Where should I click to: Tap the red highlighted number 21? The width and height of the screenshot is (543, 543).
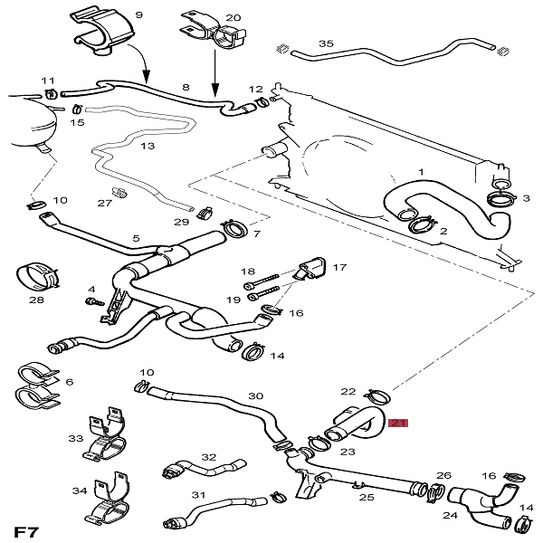399,422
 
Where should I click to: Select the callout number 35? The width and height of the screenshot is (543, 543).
327,43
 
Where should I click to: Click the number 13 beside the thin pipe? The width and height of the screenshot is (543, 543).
147,146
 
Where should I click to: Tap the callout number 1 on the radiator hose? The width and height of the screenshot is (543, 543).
420,171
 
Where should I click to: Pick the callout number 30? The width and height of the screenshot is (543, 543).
255,396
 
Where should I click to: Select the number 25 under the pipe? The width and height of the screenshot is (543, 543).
366,496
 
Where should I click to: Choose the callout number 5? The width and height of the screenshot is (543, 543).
136,239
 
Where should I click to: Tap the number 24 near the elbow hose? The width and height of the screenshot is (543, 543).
450,516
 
